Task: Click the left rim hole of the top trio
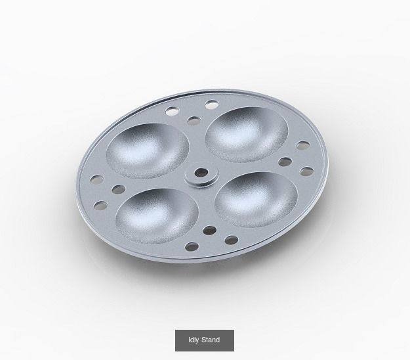pyautogui.click(x=173, y=111)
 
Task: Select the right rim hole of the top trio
pyautogui.click(x=211, y=104)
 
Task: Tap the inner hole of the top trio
pyautogui.click(x=194, y=121)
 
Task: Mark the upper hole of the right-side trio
pyautogui.click(x=302, y=146)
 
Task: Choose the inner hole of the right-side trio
pyautogui.click(x=285, y=160)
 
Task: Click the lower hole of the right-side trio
pyautogui.click(x=306, y=172)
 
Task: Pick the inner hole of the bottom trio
pyautogui.click(x=209, y=231)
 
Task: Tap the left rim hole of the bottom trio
pyautogui.click(x=192, y=247)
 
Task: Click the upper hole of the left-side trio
pyautogui.click(x=95, y=178)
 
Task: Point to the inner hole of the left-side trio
pyautogui.click(x=118, y=189)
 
